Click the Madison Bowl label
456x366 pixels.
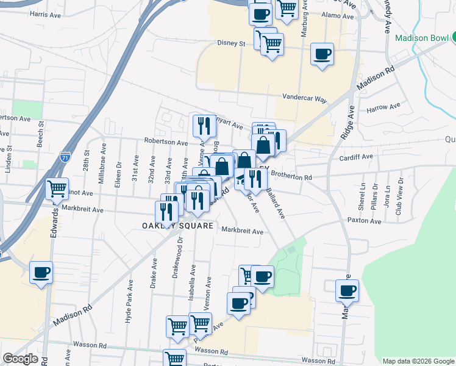(421, 38)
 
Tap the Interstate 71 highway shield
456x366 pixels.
(65, 158)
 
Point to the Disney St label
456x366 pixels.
(231, 44)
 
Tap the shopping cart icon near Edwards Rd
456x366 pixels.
(57, 189)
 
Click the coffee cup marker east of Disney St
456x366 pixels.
(322, 54)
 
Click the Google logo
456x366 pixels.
(20, 359)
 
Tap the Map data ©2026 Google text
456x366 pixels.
(418, 361)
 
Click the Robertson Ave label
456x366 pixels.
(166, 142)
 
